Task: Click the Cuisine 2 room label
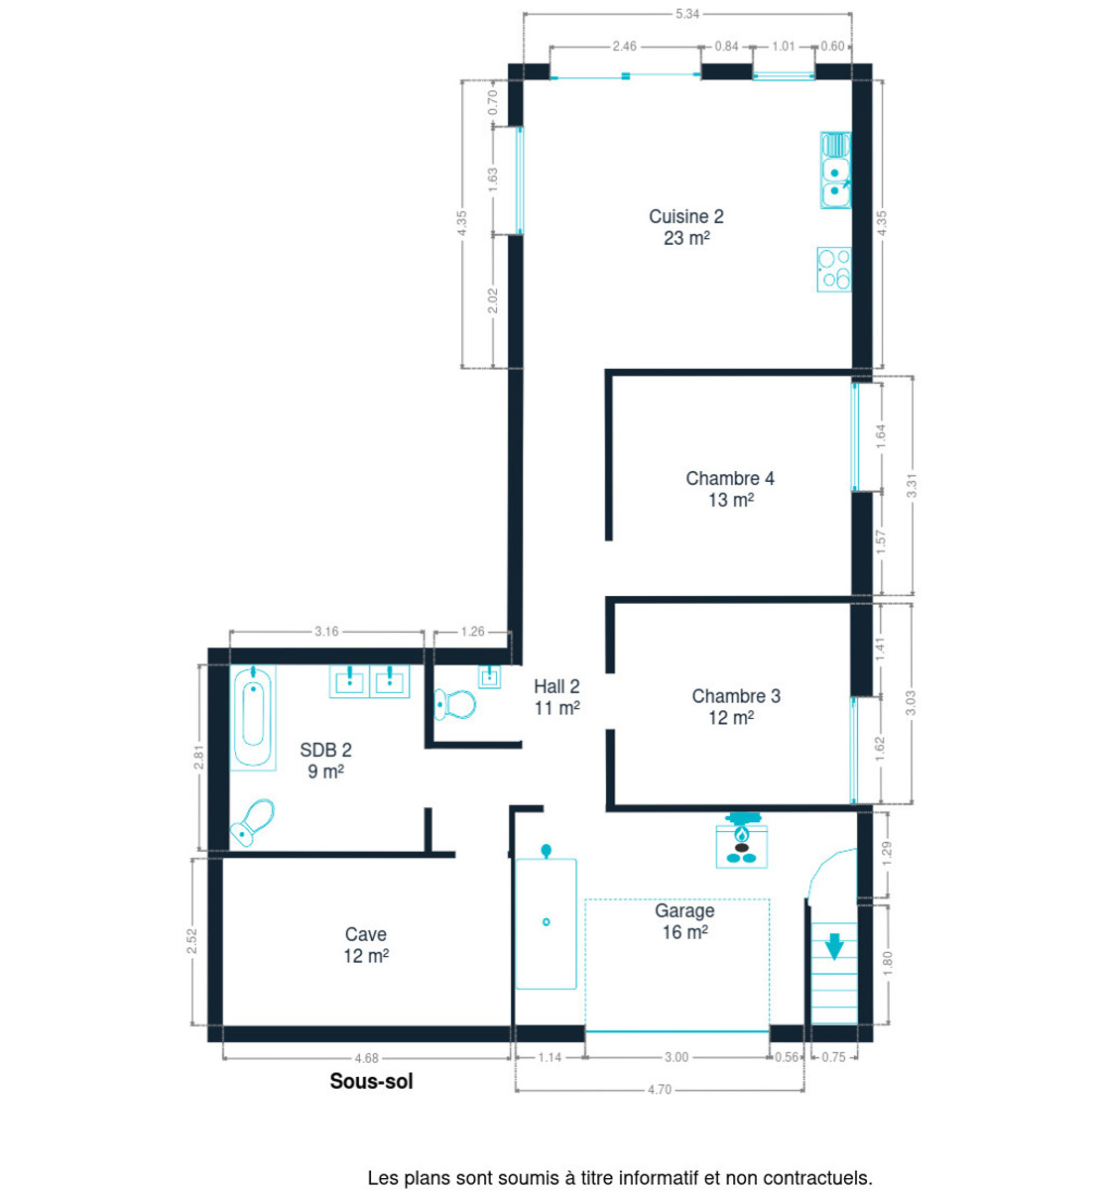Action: (685, 217)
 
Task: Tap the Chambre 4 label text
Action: (730, 479)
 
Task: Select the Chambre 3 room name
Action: (735, 696)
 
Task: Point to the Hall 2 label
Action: (556, 686)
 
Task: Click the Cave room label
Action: (366, 934)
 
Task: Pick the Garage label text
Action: (684, 910)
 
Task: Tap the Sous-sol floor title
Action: (371, 1082)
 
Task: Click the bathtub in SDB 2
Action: (254, 717)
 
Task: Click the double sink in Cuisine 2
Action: (836, 170)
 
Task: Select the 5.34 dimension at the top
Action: (687, 14)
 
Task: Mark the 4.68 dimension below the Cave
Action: (366, 1058)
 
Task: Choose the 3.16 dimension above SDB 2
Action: (326, 631)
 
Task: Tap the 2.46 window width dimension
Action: (624, 46)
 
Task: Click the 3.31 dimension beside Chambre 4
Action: (912, 485)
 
